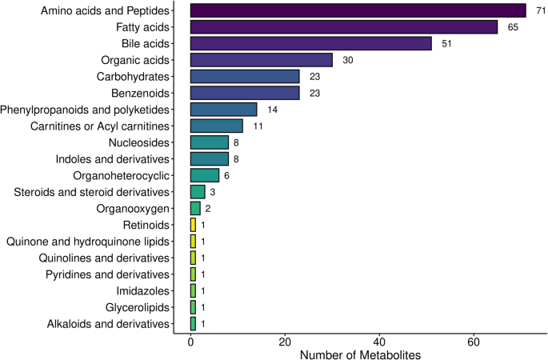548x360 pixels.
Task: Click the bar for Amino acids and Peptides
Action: coord(358,10)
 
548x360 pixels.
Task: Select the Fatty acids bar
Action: coord(344,27)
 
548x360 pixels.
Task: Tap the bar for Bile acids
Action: coord(310,43)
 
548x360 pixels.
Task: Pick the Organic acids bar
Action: coord(261,60)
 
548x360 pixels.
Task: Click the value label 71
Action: coord(542,10)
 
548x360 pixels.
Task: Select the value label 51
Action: coord(447,43)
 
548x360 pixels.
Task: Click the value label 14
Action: coord(273,110)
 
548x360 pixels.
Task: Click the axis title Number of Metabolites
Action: coord(362,353)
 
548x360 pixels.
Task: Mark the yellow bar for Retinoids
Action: coord(193,225)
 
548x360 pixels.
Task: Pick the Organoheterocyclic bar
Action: coord(204,175)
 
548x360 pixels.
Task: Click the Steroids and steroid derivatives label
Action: coord(92,192)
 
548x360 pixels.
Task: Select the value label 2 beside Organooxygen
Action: coord(207,208)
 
